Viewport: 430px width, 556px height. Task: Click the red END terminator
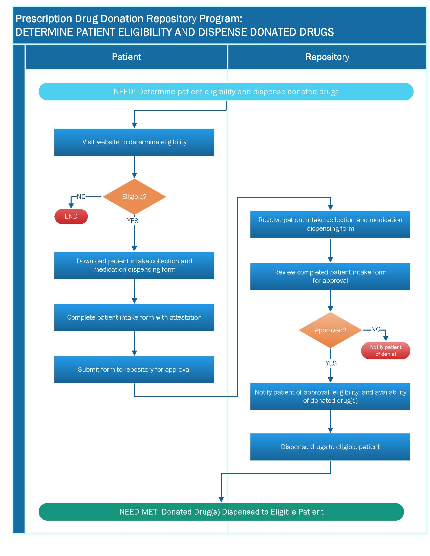click(x=71, y=216)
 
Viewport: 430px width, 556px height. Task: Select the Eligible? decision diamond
click(x=134, y=197)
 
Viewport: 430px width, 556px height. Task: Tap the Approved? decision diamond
click(x=330, y=330)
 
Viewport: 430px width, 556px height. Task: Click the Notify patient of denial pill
click(x=386, y=351)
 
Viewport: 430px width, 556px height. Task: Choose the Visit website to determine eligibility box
click(x=134, y=142)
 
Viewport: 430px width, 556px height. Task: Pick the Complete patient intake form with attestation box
click(x=134, y=317)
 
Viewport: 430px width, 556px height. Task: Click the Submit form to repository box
click(x=134, y=369)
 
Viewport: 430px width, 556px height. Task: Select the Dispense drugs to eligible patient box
click(x=330, y=447)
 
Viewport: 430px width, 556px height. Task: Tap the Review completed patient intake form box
click(x=330, y=276)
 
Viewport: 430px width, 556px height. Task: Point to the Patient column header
click(x=127, y=57)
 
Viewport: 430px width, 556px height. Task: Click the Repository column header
click(x=327, y=57)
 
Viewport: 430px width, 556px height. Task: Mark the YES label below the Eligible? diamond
click(x=133, y=221)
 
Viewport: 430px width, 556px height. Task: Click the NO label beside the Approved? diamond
click(x=376, y=329)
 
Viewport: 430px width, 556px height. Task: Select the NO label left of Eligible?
click(x=81, y=197)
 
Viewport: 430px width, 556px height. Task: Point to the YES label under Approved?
click(x=331, y=363)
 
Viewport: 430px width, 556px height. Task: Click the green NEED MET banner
click(x=221, y=512)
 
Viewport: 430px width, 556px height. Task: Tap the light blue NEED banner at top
click(x=226, y=92)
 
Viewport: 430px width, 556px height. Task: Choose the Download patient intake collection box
click(x=134, y=266)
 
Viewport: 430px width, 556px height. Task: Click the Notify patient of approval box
click(x=330, y=396)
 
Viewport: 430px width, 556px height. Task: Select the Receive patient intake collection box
click(x=330, y=224)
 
